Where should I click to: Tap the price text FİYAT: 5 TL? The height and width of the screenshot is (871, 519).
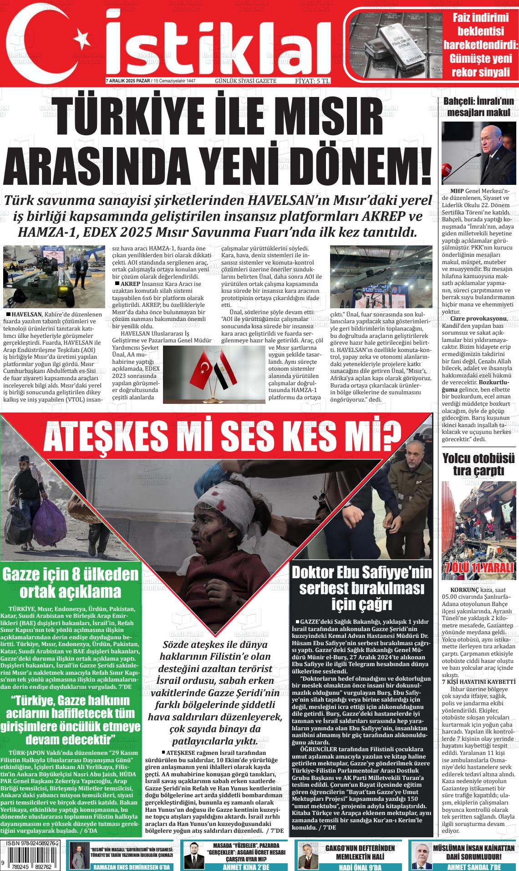click(313, 81)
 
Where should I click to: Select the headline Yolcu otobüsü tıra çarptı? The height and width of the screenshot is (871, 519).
click(478, 464)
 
